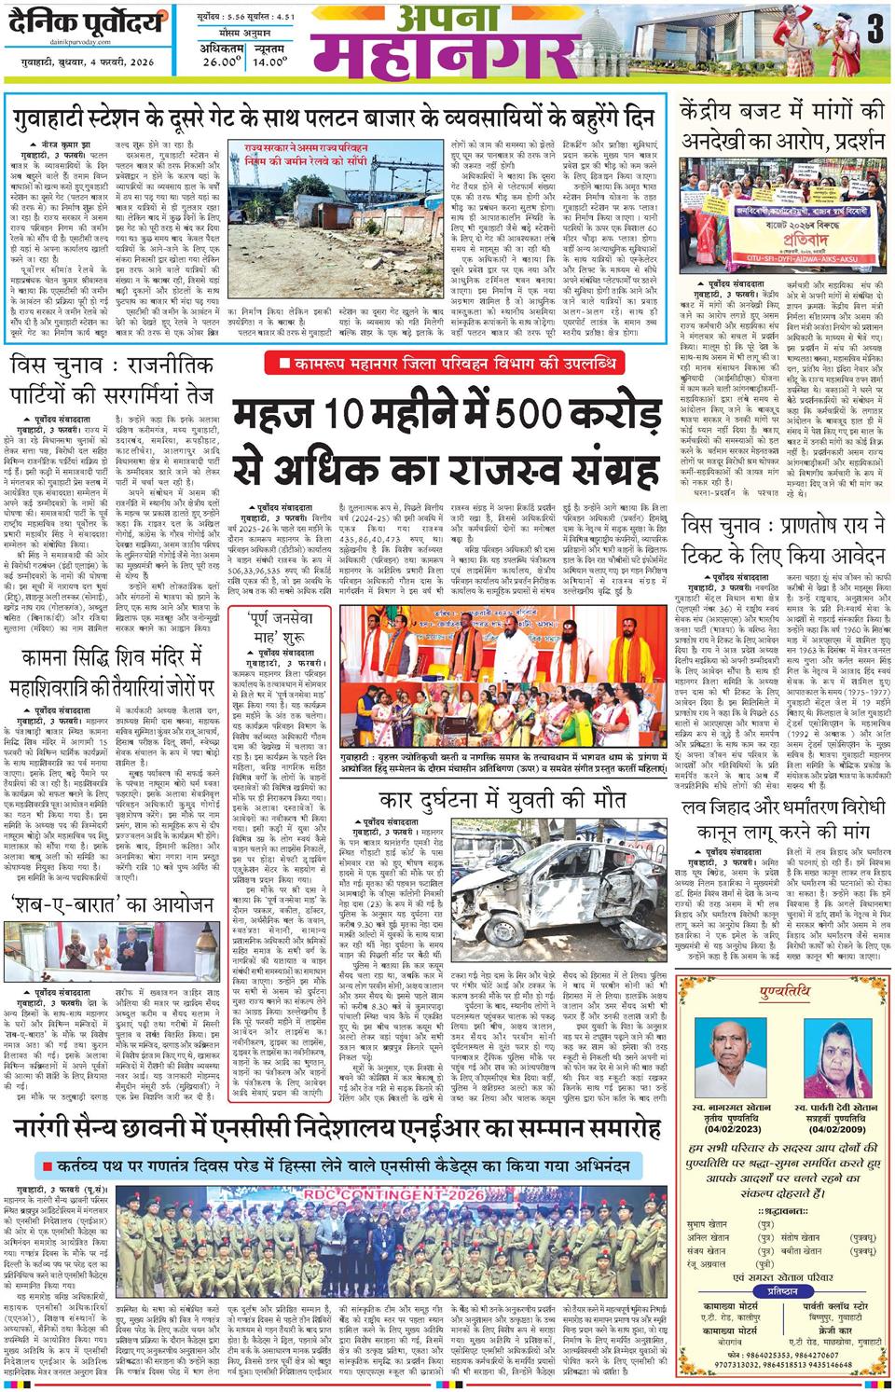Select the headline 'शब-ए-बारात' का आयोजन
click(113, 905)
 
